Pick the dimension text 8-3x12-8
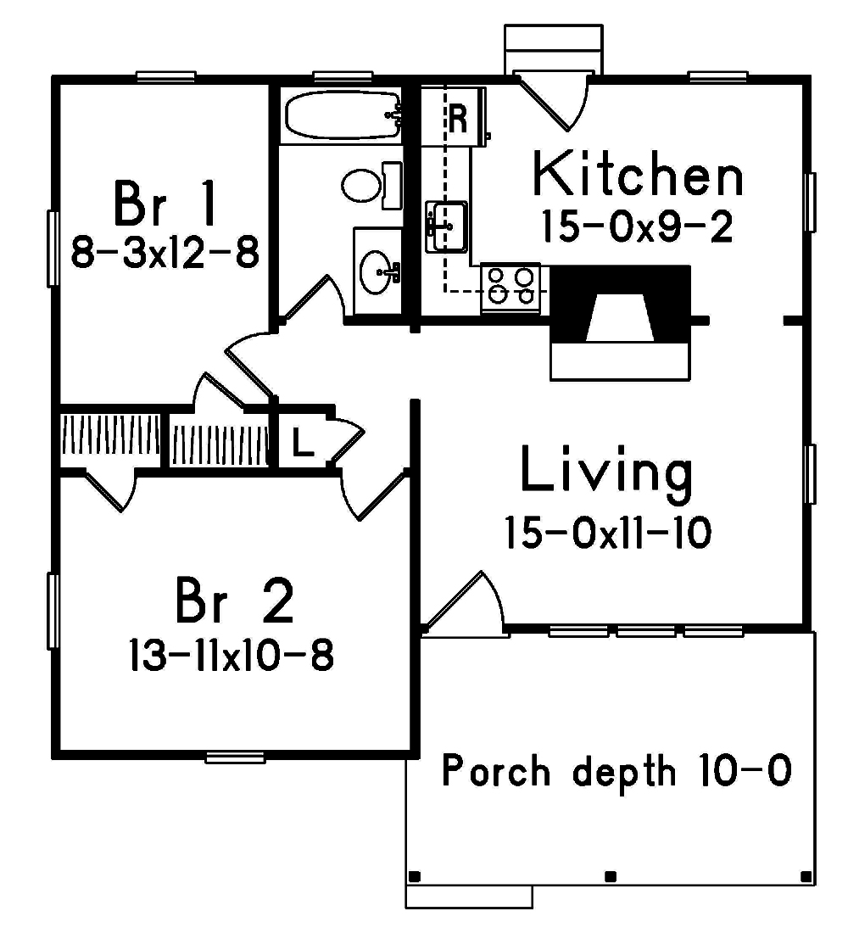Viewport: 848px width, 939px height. (165, 252)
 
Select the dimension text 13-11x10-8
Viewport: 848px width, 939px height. (231, 655)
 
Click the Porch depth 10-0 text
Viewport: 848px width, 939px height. (616, 772)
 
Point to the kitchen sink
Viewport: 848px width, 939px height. (446, 226)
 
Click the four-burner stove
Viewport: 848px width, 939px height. (511, 286)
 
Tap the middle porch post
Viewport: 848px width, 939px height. (610, 876)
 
